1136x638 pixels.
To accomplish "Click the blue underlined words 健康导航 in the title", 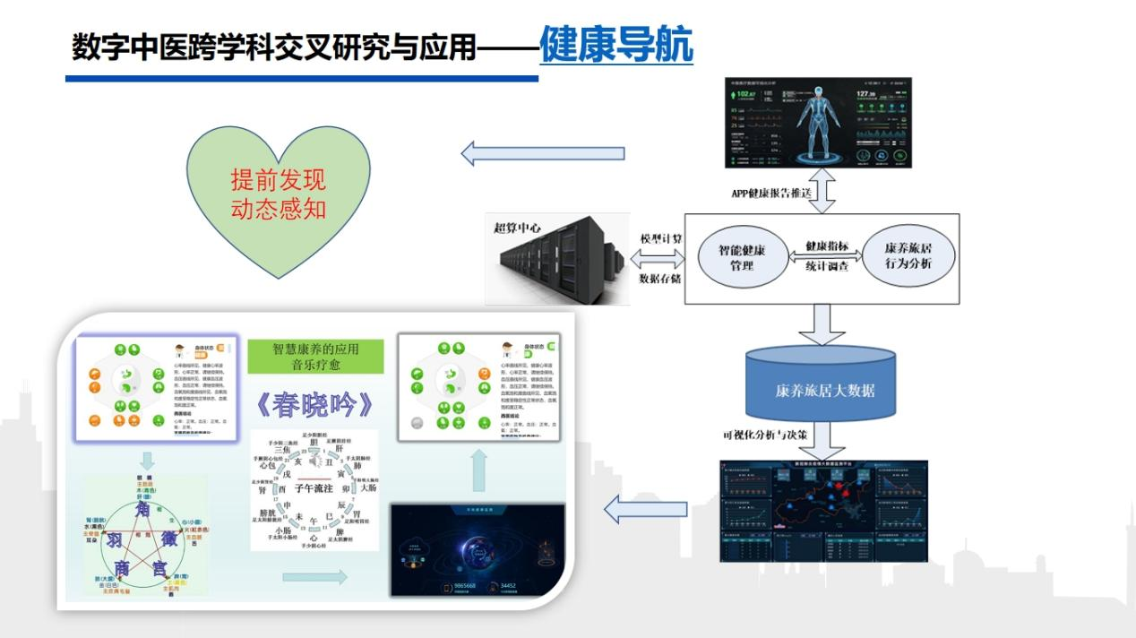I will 615,46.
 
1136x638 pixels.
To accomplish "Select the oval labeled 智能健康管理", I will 742,257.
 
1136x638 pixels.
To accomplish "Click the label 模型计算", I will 660,239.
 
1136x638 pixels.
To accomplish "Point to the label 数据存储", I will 660,279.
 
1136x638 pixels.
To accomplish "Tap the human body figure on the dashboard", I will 820,124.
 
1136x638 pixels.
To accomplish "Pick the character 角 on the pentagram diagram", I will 143,510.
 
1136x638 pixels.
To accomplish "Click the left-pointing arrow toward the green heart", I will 543,153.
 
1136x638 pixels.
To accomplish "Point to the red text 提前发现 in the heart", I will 278,180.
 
